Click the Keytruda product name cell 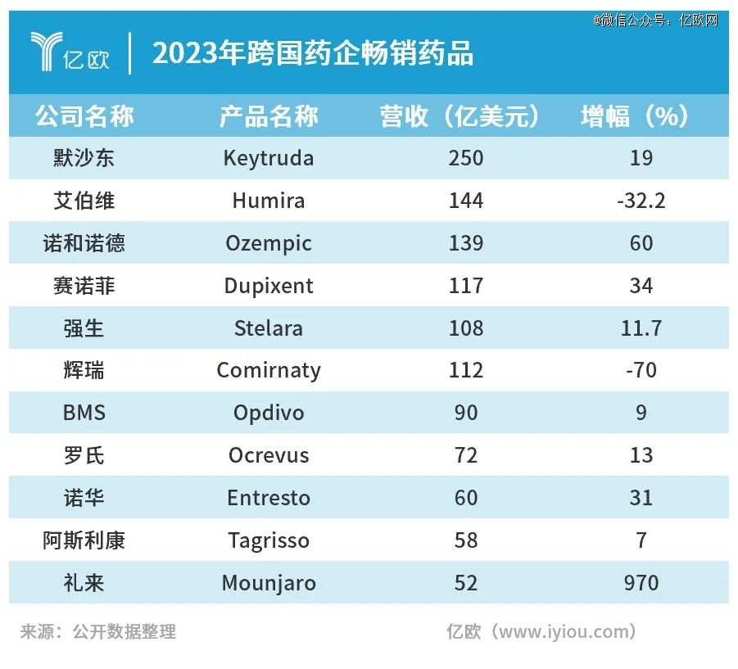coord(269,158)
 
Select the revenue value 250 coord(466,158)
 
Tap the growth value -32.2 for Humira coord(641,201)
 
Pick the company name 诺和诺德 coord(84,243)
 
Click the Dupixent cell coord(269,286)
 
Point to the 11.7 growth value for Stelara coord(641,328)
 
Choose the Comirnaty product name coord(269,371)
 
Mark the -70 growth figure coord(641,371)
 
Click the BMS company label coord(84,413)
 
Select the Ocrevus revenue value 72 coord(466,455)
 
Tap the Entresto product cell coord(269,498)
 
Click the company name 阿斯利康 coord(84,540)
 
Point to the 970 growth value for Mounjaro coord(641,583)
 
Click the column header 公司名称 coord(84,116)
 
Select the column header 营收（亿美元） coord(460,116)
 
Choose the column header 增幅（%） coord(636,116)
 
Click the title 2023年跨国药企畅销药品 coord(313,54)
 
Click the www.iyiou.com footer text coord(541,631)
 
